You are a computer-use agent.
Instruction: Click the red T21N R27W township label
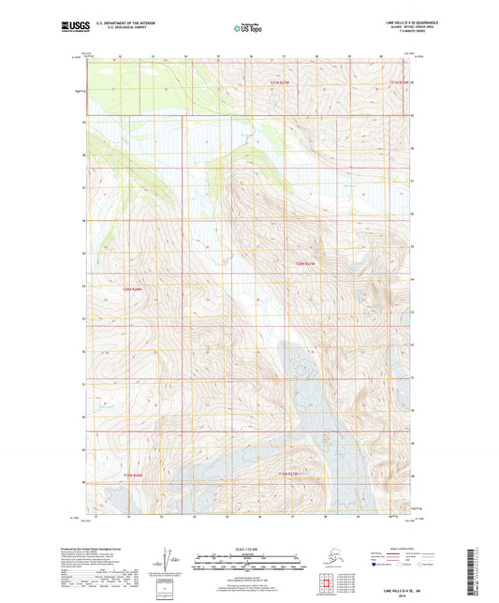tap(310, 82)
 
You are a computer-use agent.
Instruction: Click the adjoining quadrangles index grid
tap(331, 587)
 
